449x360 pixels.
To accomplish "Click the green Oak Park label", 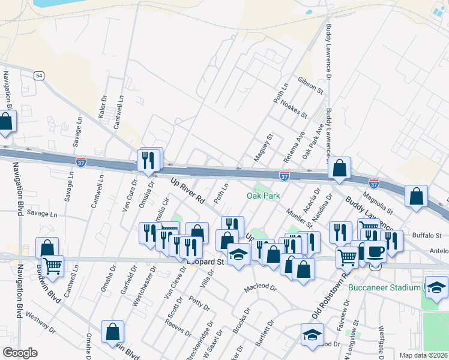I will [x=261, y=196].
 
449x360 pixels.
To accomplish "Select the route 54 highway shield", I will [x=39, y=75].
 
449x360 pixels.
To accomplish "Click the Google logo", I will [x=20, y=353].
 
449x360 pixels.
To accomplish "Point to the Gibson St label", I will [x=311, y=85].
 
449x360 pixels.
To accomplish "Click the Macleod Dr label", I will [x=260, y=289].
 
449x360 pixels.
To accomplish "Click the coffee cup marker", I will [x=376, y=252].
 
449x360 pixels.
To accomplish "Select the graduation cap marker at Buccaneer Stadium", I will [x=436, y=287].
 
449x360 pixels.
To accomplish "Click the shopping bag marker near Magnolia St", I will [x=416, y=196].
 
